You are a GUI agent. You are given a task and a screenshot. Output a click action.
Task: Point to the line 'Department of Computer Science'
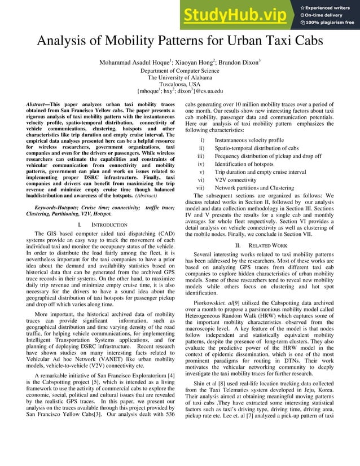point(179,71)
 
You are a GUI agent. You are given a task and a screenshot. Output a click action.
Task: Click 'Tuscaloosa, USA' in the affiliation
point(179,84)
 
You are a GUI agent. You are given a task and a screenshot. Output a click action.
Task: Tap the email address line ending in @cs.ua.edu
point(180,91)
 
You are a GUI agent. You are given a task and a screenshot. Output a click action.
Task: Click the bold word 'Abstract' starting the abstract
point(38,105)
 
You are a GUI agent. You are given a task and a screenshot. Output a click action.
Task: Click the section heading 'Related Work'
point(265,246)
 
